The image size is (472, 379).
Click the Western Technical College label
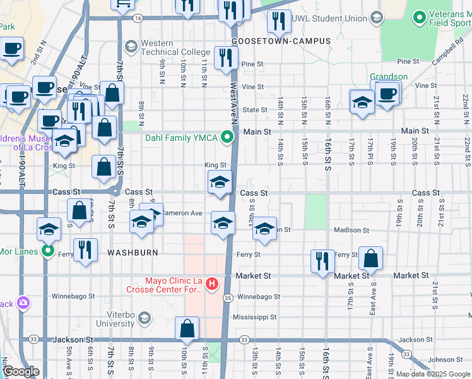(175, 47)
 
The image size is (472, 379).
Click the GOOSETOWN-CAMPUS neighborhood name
(281, 41)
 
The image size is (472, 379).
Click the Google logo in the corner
(21, 371)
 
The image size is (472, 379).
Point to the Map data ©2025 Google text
(433, 374)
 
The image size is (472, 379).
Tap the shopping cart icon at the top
(123, 4)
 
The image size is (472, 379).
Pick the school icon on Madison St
(265, 229)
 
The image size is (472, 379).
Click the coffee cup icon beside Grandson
(387, 94)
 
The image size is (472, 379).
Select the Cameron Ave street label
(182, 214)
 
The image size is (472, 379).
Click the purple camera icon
(23, 303)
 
